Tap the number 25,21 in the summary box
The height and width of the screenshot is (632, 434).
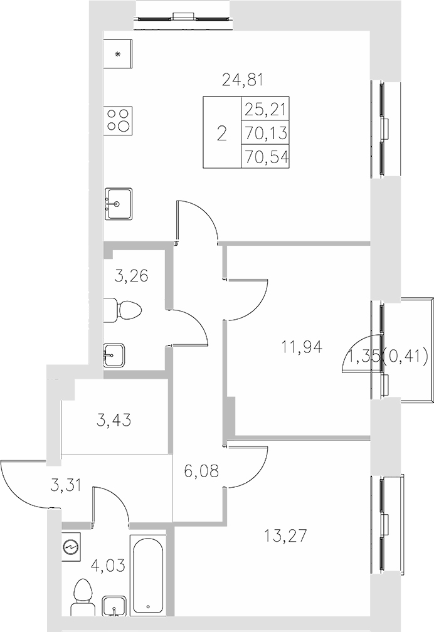266,110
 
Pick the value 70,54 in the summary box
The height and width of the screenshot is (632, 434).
266,156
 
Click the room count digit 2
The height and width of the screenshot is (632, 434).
221,133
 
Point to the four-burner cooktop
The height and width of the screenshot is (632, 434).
119,120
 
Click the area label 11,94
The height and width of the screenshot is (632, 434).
303,345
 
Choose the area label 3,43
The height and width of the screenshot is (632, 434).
115,419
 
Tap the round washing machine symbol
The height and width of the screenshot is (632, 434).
72,547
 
